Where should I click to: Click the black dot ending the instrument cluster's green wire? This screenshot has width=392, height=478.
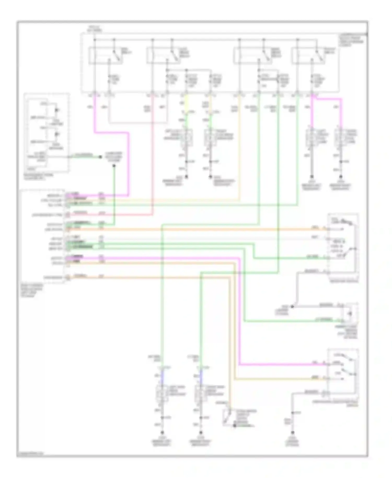tap(100, 157)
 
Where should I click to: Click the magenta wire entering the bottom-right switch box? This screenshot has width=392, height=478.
tap(282, 364)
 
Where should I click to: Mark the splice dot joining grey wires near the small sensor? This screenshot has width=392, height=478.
tap(292, 306)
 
